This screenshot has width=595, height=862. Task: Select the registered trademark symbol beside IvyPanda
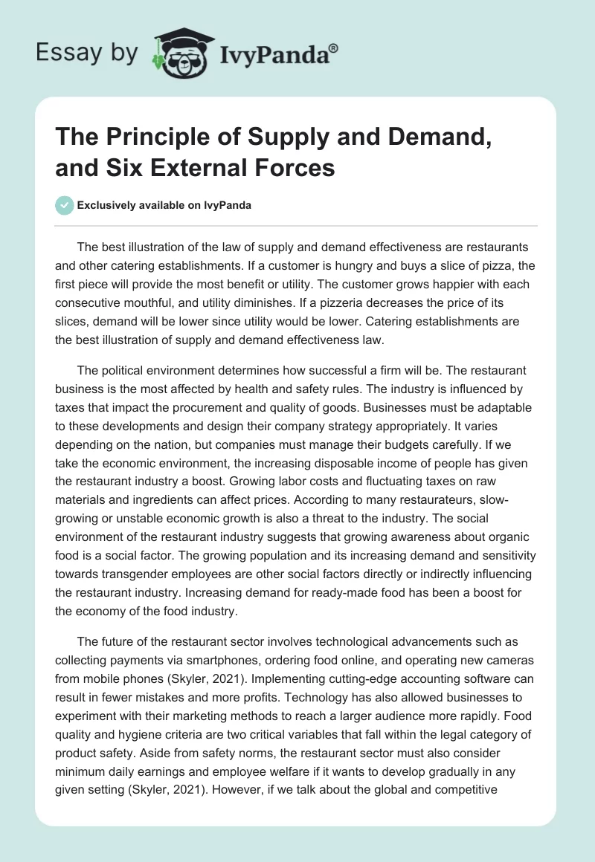(x=334, y=48)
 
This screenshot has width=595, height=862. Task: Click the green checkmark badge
(x=65, y=205)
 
